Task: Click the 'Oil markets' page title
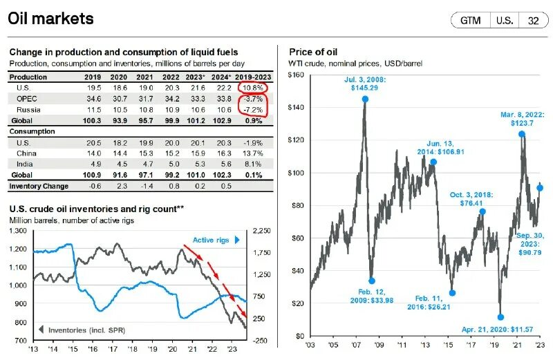[51, 18]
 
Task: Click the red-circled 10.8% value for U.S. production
[253, 88]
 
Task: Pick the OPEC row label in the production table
[26, 100]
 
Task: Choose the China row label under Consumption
[26, 153]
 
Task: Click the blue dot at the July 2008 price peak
[365, 100]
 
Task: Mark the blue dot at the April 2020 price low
[500, 317]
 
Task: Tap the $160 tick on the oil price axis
[295, 75]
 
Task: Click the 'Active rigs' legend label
[212, 240]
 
